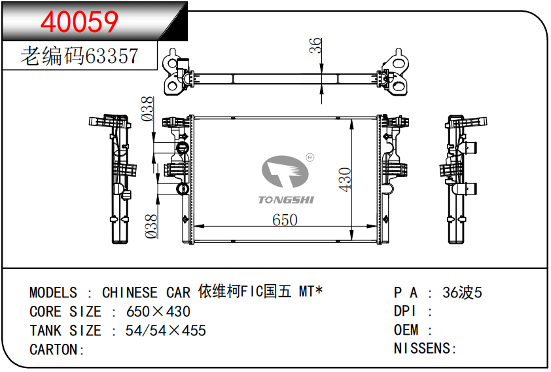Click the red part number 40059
coord(80,22)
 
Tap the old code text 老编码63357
coord(80,56)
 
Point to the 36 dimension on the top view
coord(315,45)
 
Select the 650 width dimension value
coord(285,220)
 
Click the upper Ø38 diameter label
coord(148,109)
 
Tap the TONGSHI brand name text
coord(286,199)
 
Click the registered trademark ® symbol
coord(310,157)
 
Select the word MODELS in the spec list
coord(53,293)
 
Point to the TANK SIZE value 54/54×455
coord(166,331)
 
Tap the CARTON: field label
coord(58,350)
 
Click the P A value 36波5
coord(462,293)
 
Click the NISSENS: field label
coord(425,348)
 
